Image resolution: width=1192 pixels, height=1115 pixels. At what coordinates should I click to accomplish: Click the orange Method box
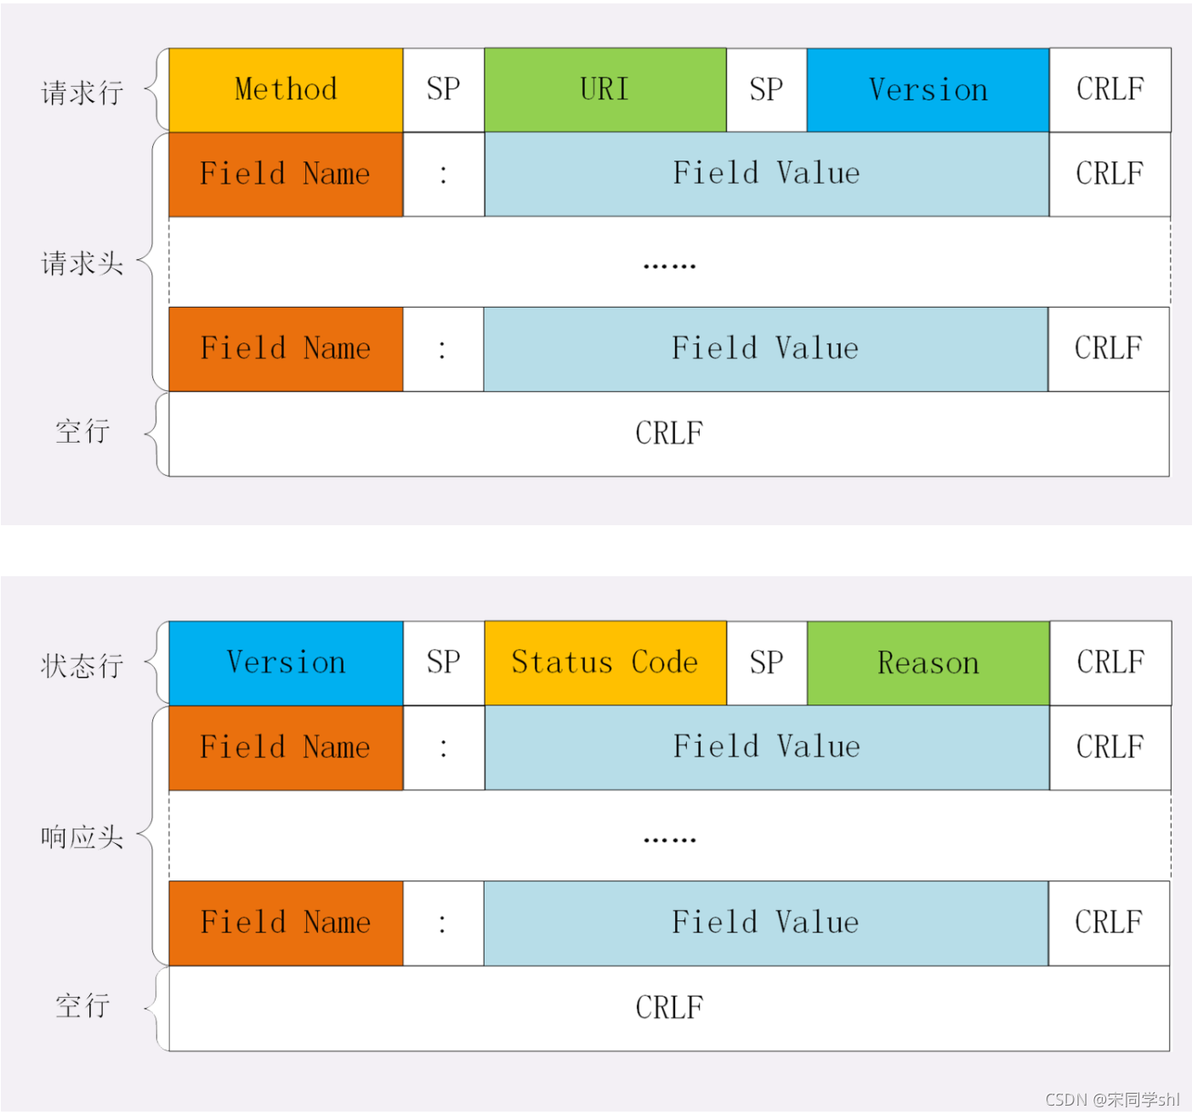coord(286,89)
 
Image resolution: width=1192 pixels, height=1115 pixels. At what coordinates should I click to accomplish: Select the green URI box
coord(605,89)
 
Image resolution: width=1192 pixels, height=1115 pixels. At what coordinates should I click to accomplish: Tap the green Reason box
coord(928,663)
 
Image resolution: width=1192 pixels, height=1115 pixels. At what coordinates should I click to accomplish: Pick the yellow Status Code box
coord(605,663)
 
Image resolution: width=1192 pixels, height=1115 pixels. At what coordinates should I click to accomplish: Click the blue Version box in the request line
coord(928,89)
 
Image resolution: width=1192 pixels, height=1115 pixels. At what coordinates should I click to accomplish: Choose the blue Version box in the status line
coord(286,663)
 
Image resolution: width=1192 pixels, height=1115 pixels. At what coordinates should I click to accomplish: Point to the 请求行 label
coord(82,93)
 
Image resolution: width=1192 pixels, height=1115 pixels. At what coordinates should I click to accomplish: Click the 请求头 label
coord(82,263)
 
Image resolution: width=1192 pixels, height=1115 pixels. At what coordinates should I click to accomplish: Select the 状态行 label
coord(82,666)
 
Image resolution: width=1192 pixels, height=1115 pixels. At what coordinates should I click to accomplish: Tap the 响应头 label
coord(82,838)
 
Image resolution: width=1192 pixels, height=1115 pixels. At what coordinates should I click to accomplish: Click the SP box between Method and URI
coord(444,89)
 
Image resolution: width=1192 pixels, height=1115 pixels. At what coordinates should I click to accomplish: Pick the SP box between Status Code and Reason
coord(766,663)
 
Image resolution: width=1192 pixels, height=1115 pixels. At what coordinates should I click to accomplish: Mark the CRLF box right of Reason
coord(1110,663)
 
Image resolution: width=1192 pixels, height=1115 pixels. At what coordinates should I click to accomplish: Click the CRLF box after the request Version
coord(1110,89)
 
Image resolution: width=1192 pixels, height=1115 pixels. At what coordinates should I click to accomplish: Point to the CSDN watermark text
coord(1112,1100)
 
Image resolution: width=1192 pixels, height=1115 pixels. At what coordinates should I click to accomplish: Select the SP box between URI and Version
coord(766,89)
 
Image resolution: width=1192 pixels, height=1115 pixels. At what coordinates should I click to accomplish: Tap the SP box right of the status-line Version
coord(444,663)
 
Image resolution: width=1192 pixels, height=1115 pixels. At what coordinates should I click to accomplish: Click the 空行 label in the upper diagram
coord(82,432)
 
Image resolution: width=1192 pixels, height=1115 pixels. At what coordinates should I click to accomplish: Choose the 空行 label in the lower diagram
coord(82,1005)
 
